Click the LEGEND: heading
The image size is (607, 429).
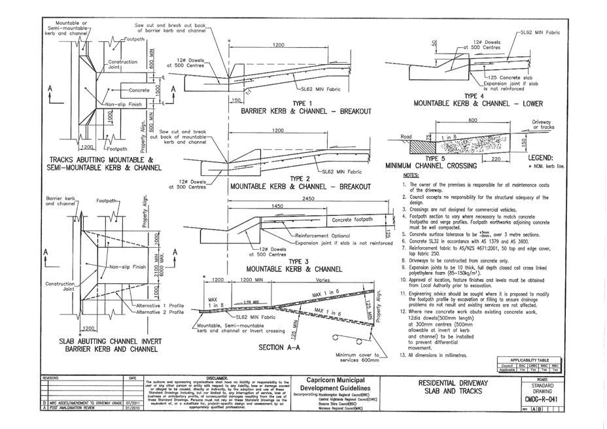coord(536,158)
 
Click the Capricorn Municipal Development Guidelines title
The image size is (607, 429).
coord(336,385)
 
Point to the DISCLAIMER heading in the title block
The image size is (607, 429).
coord(217,378)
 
